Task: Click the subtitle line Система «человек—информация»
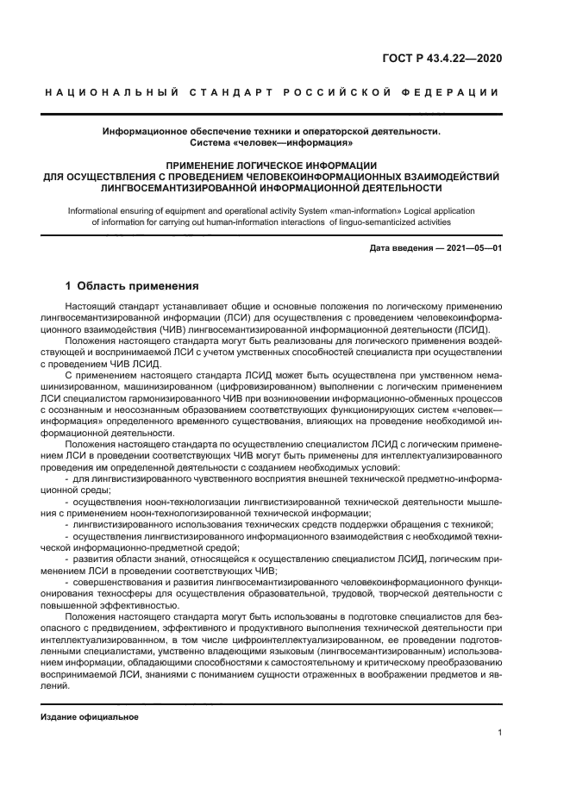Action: tap(272, 142)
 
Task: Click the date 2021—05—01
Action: tap(473, 248)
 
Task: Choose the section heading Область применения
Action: tap(138, 284)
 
